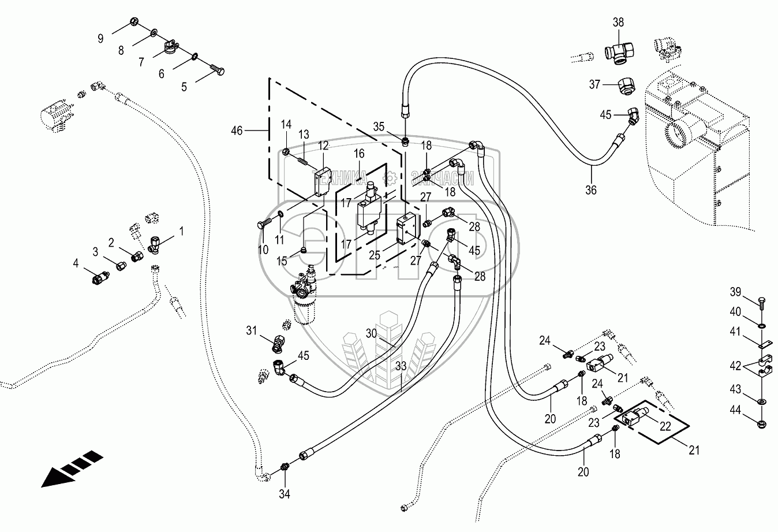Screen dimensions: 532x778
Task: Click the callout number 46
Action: coord(237,131)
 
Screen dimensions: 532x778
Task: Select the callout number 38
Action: coord(618,23)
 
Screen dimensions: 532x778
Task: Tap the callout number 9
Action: coord(100,39)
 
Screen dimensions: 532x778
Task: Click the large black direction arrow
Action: coord(72,470)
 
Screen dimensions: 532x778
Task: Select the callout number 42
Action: coord(735,364)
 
